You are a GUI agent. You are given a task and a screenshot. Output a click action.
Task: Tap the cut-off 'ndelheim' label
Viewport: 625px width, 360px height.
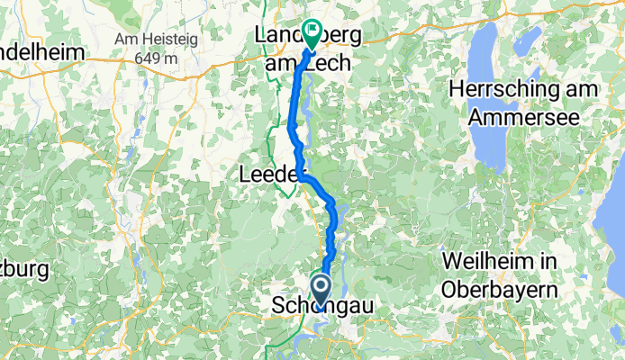pyautogui.click(x=42, y=52)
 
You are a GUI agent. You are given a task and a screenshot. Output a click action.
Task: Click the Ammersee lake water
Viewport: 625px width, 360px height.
pyautogui.click(x=486, y=144)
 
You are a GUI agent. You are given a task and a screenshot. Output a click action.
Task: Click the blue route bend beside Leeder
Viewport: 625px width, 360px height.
pyautogui.click(x=304, y=178)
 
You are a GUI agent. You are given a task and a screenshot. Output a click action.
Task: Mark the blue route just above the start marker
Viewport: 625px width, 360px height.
pyautogui.click(x=326, y=261)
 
